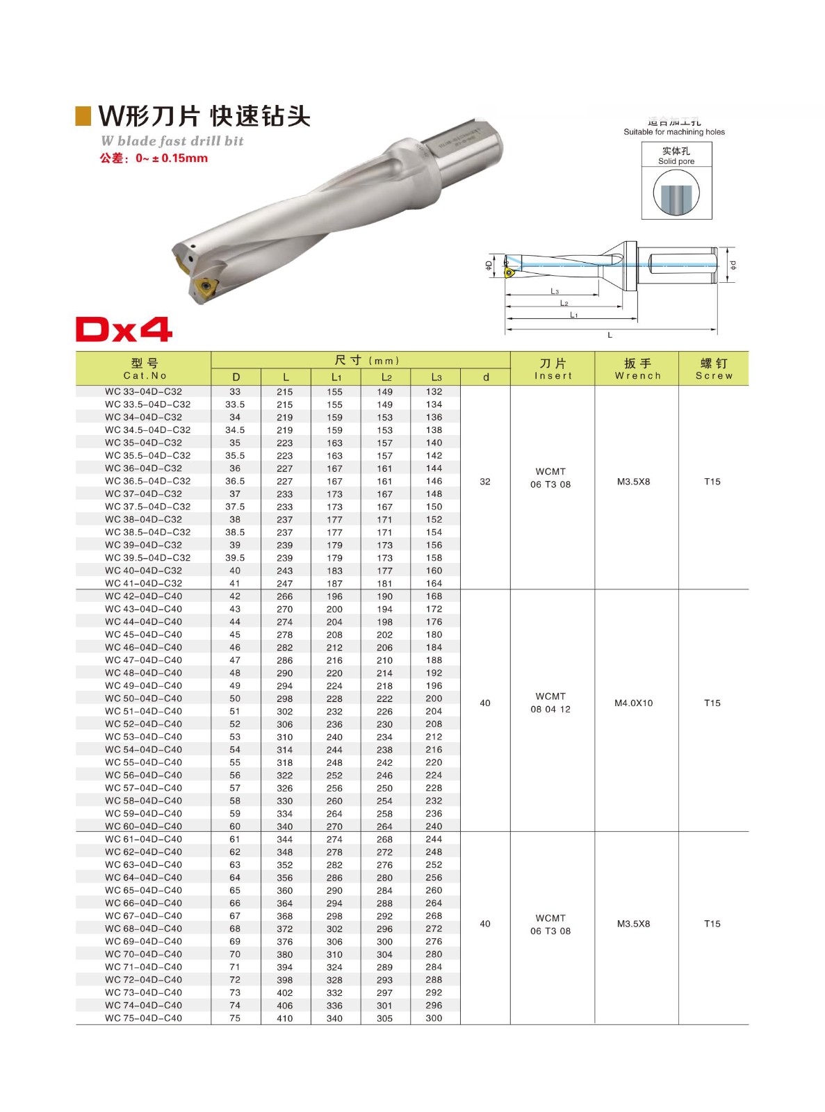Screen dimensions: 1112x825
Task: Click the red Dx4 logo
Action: (124, 329)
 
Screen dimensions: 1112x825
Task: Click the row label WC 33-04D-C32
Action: (143, 392)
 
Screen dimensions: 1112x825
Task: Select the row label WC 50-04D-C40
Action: (143, 698)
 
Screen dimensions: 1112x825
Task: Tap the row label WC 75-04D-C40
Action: (143, 1018)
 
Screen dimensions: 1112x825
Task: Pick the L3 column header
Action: (436, 377)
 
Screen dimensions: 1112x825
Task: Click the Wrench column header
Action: (637, 369)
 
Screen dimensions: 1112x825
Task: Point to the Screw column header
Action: (714, 369)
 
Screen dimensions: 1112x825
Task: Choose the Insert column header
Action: (553, 369)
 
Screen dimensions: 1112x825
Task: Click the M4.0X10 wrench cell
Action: (633, 703)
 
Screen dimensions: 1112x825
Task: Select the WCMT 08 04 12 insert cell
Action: (550, 703)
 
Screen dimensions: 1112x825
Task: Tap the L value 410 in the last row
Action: (285, 1019)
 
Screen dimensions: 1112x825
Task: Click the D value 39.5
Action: (235, 558)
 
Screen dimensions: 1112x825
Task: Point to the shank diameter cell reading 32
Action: (485, 482)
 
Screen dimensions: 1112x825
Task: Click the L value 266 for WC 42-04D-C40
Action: (285, 596)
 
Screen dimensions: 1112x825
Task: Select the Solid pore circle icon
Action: (676, 193)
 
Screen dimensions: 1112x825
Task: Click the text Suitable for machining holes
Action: (673, 132)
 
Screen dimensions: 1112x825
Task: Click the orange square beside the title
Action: (83, 116)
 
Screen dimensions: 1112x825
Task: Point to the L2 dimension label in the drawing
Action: (564, 303)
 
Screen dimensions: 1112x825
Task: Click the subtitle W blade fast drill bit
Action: (172, 141)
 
